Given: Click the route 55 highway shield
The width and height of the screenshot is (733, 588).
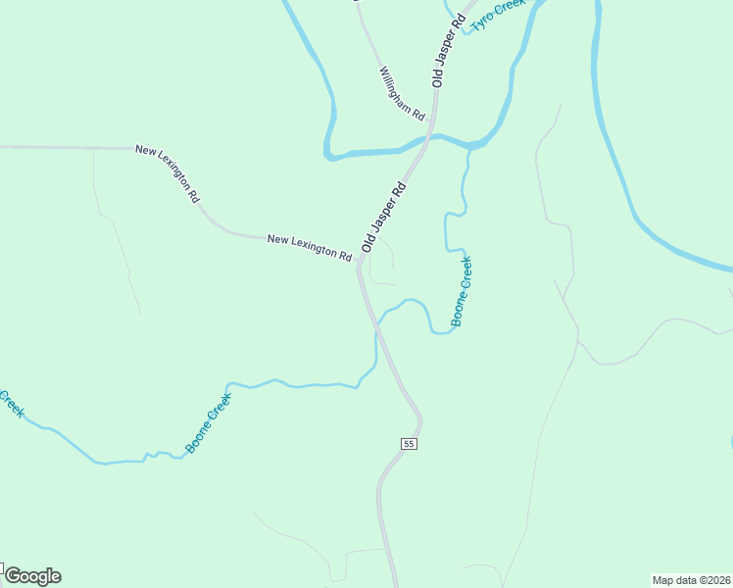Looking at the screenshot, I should [410, 444].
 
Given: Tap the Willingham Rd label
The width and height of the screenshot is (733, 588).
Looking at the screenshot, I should [403, 90].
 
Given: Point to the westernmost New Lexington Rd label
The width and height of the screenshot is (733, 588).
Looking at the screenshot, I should [168, 173].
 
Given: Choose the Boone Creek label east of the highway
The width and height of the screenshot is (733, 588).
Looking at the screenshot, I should [462, 291].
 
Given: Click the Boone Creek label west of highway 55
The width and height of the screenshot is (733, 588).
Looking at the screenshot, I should [209, 423].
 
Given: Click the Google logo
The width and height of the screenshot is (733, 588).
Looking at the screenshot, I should [32, 576].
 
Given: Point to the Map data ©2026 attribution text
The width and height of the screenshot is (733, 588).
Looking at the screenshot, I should [691, 579].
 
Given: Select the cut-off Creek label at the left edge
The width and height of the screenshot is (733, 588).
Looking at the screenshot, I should [11, 402].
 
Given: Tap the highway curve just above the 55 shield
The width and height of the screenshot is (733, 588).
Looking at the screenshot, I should [418, 416].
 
